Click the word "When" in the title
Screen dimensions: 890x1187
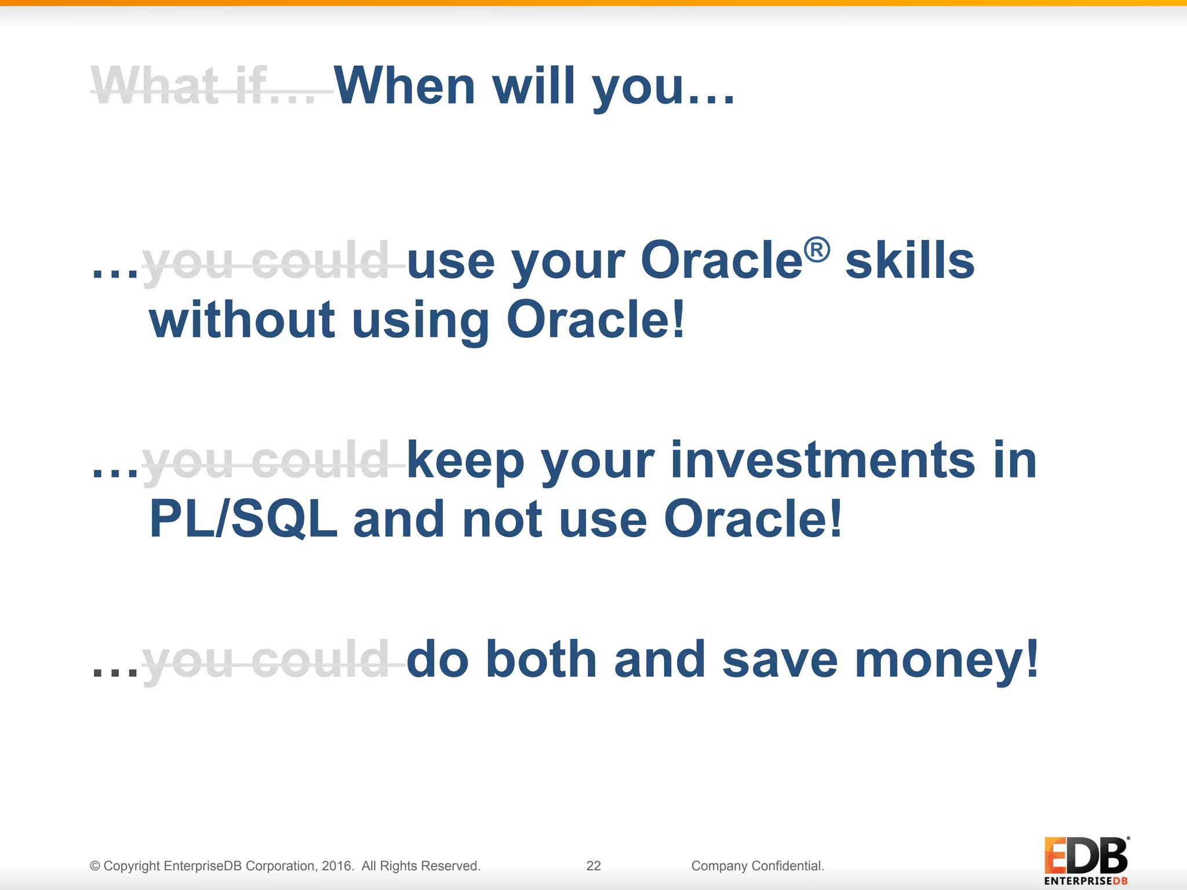405,87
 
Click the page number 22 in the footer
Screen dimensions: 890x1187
593,866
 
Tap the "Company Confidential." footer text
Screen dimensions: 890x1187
758,866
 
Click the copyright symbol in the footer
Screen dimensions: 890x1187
95,866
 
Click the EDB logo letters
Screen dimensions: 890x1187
1086,856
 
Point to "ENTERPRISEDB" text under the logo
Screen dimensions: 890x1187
1086,881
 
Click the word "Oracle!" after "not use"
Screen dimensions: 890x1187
752,519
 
